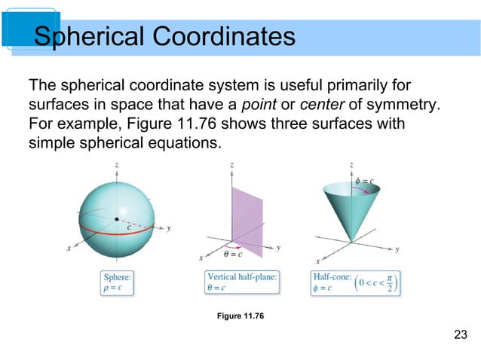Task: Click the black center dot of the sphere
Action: coord(116,219)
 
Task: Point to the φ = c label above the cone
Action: coord(365,181)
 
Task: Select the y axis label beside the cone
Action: coord(397,249)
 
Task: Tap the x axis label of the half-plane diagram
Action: coord(201,258)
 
